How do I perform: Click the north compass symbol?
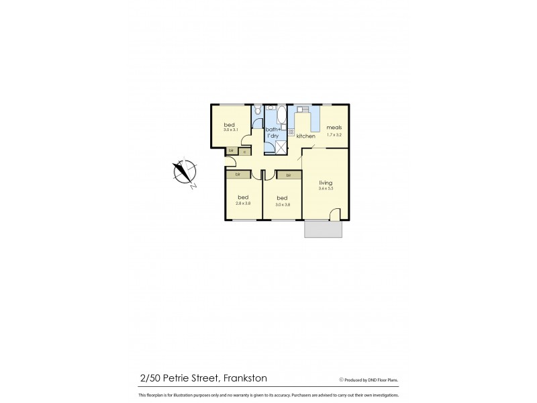pos(184,171)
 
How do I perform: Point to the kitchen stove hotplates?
pos(291,133)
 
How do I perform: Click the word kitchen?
pos(306,136)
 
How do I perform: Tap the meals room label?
pos(334,128)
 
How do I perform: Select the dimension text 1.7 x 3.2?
pos(334,135)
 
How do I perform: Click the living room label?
pos(326,183)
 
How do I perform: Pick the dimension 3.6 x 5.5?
pos(326,189)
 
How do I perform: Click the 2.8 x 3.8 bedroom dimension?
pos(243,204)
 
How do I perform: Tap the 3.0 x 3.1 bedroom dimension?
pos(231,130)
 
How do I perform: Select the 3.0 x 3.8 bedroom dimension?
pos(282,205)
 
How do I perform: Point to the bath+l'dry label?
pos(273,132)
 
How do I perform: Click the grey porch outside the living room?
pos(324,229)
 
